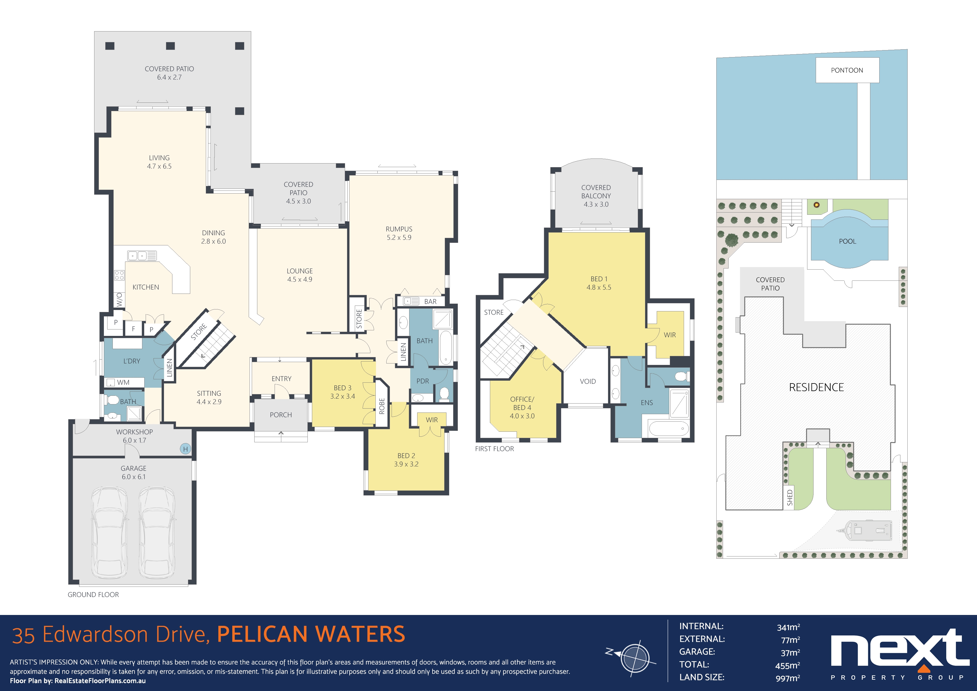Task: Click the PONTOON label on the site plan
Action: click(847, 70)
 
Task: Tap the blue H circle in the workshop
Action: click(185, 449)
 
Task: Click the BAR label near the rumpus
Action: click(430, 301)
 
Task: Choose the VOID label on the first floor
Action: click(588, 381)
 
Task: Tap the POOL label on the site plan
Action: click(847, 241)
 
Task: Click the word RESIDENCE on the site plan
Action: click(816, 387)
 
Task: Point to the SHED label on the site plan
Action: click(790, 497)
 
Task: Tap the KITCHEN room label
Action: click(146, 287)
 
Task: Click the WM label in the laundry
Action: click(123, 382)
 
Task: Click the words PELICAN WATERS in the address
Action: click(311, 634)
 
